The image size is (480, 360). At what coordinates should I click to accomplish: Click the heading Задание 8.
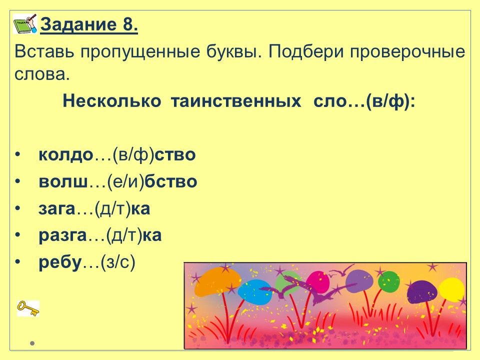point(89,24)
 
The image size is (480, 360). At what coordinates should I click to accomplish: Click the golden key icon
point(28,308)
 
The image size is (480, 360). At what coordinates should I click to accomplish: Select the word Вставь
point(44,51)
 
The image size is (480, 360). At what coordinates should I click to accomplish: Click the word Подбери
point(306,51)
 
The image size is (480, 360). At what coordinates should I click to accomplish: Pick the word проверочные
point(407,51)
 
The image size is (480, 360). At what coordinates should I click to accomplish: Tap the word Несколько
point(111,101)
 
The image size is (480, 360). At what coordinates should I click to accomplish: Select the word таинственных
point(235,101)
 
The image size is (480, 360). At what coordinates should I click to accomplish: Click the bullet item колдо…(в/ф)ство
point(117,154)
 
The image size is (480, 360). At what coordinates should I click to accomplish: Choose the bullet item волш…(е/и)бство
point(118,181)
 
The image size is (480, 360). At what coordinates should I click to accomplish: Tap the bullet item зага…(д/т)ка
point(94,208)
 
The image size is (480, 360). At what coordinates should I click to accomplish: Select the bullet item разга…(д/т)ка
point(100,235)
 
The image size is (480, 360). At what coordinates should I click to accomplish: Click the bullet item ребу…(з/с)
point(87,262)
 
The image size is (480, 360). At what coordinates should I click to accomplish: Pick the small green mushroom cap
point(389,281)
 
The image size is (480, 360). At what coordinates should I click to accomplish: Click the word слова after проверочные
point(42,74)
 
